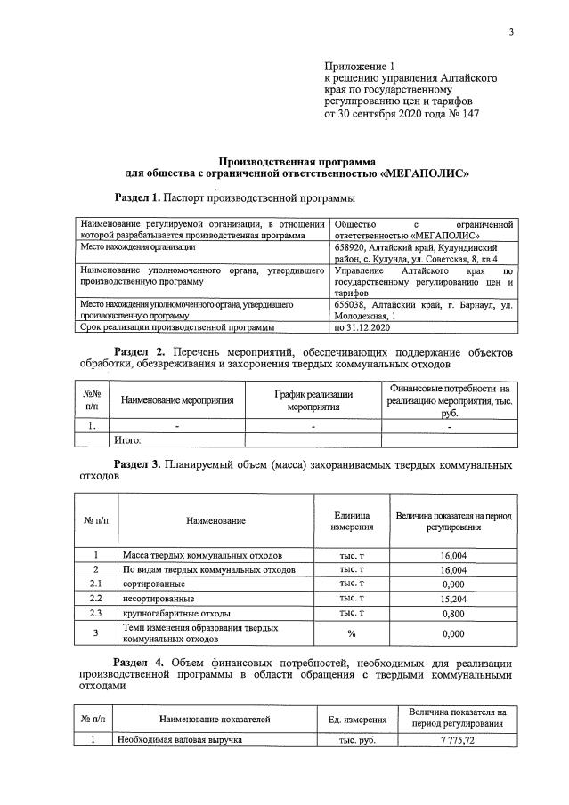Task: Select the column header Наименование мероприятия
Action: tap(177, 400)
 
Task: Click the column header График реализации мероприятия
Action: tap(313, 400)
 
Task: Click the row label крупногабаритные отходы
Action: tap(176, 614)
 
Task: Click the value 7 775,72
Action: tap(457, 740)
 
